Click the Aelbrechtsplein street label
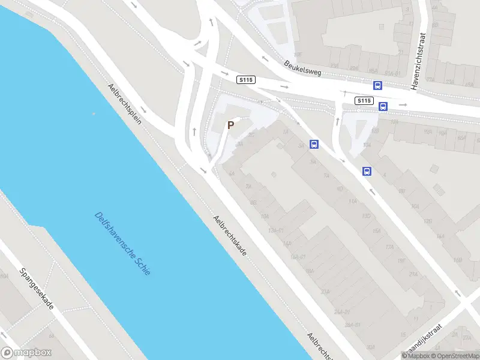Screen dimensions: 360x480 124,103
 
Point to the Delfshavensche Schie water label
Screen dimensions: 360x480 123,243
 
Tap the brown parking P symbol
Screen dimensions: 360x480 230,125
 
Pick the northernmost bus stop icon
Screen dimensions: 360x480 378,86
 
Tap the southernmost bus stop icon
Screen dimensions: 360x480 367,171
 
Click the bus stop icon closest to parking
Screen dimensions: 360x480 314,144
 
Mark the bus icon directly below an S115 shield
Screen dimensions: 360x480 383,107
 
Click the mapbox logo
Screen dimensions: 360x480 26,353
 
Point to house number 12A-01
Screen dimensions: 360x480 276,230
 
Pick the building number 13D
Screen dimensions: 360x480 367,215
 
